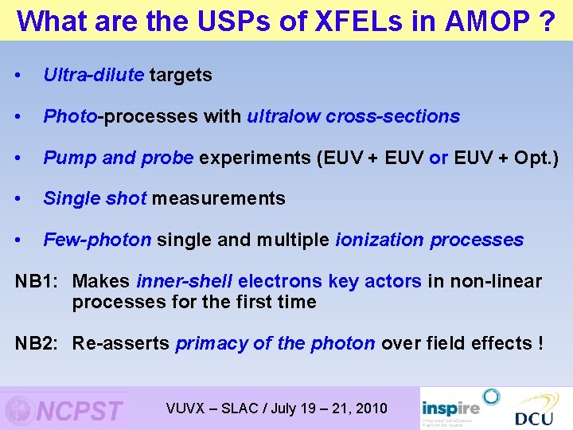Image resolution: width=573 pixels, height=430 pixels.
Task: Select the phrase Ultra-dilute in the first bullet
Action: pyautogui.click(x=93, y=75)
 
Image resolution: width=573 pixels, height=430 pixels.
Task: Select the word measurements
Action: pyautogui.click(x=218, y=198)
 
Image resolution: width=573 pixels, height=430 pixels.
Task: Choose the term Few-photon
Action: pyautogui.click(x=97, y=240)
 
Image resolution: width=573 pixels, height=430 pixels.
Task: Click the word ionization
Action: pyautogui.click(x=380, y=240)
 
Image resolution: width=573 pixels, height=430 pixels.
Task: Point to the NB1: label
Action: pyautogui.click(x=39, y=281)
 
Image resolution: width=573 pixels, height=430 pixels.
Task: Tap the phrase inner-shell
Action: pyautogui.click(x=185, y=281)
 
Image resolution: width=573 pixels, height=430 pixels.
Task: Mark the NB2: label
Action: pyautogui.click(x=39, y=343)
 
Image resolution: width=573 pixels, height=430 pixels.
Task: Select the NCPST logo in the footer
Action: pyautogui.click(x=65, y=409)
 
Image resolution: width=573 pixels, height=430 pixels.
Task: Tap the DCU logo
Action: pyautogui.click(x=534, y=409)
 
